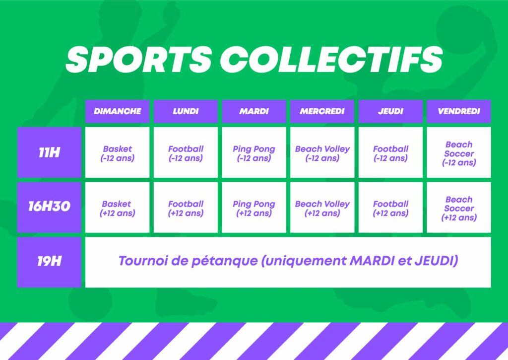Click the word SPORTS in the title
139,60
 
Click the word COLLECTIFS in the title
331,60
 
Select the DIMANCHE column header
117,111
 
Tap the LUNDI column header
186,111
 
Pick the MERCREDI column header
322,111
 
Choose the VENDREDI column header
459,111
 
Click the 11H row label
49,152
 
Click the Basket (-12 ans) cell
117,152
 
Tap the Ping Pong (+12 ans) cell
254,207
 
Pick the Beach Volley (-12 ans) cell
322,152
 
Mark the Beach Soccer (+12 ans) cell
459,207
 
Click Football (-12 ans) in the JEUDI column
390,152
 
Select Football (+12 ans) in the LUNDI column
186,207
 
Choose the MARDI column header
254,111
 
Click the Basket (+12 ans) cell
117,207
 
